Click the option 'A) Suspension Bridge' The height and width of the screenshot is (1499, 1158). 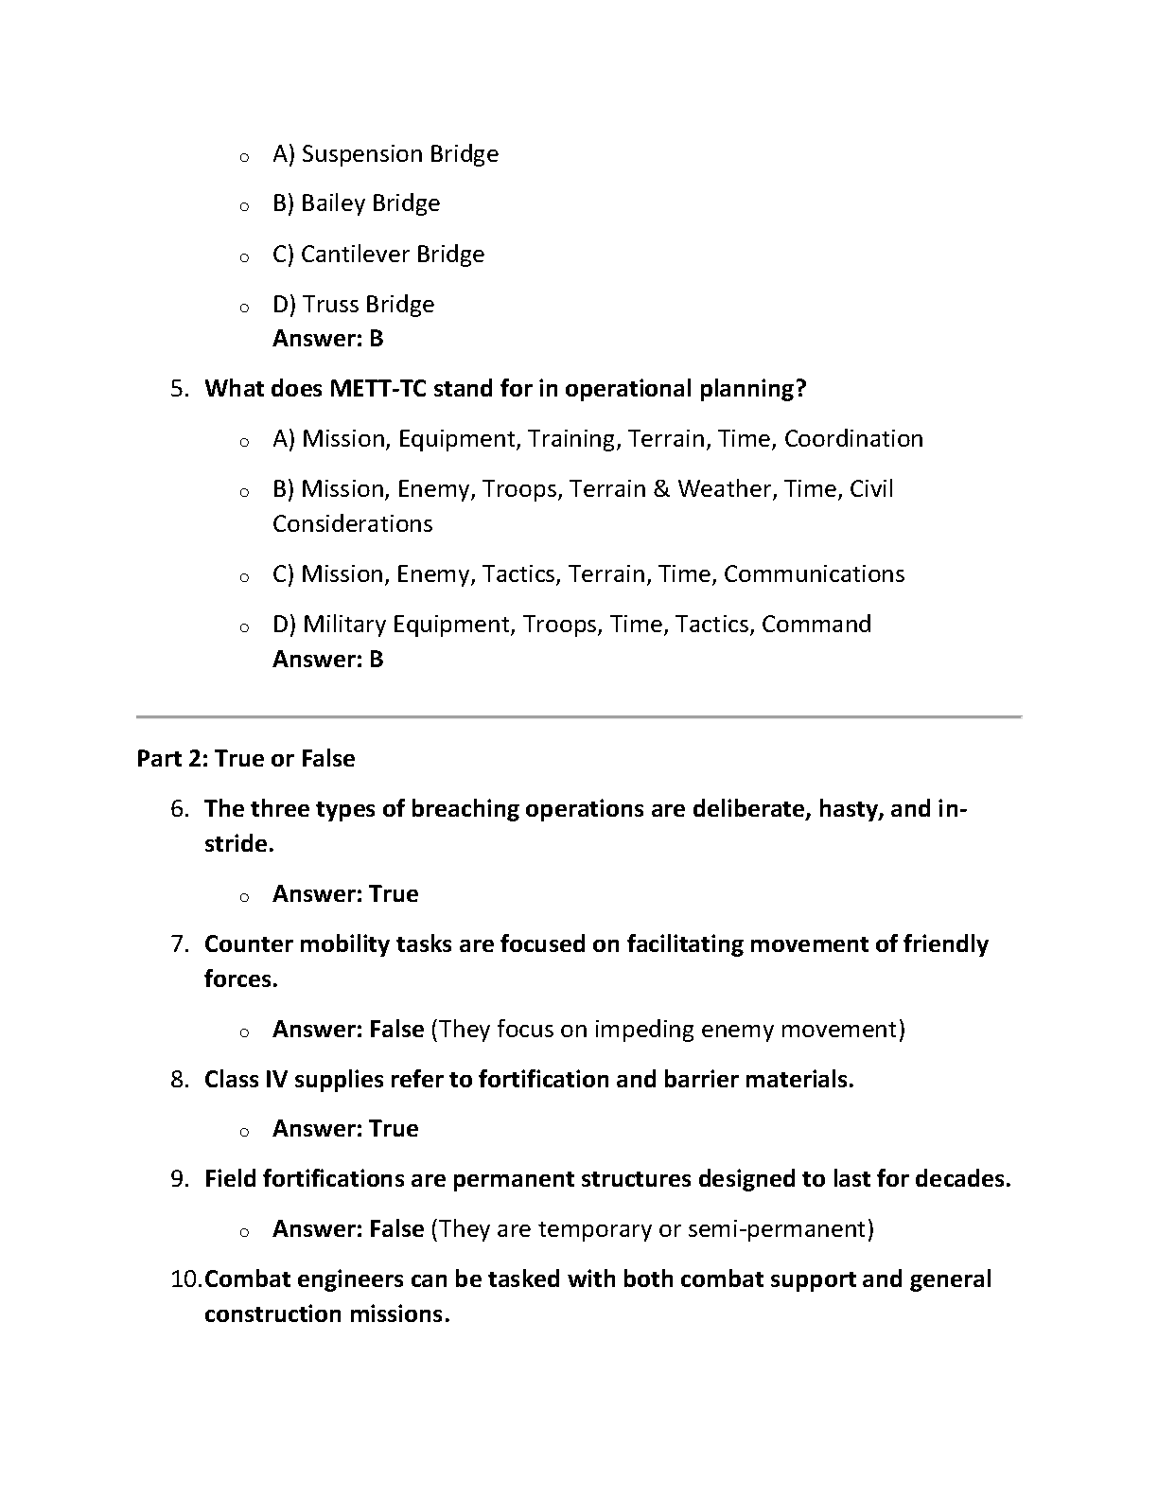pyautogui.click(x=385, y=153)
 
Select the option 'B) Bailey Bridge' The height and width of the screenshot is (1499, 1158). pyautogui.click(x=356, y=203)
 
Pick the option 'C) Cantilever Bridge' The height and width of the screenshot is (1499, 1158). pyautogui.click(x=378, y=254)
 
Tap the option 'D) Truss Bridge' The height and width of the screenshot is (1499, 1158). pyautogui.click(x=353, y=304)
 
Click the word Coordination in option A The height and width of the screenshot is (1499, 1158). pyautogui.click(x=853, y=439)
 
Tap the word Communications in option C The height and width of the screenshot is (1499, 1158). pyautogui.click(x=814, y=574)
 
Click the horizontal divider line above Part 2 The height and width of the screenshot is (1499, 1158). pyautogui.click(x=579, y=717)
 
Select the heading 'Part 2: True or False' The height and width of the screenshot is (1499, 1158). pyautogui.click(x=246, y=759)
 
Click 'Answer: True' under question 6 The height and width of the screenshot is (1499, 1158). pyautogui.click(x=345, y=894)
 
